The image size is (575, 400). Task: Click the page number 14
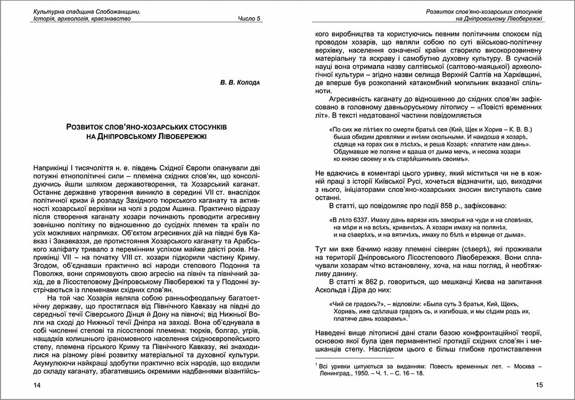coord(37,385)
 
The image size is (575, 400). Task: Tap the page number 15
coord(538,385)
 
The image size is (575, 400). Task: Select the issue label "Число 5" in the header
coord(249,19)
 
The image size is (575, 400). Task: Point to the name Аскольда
coord(332,290)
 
